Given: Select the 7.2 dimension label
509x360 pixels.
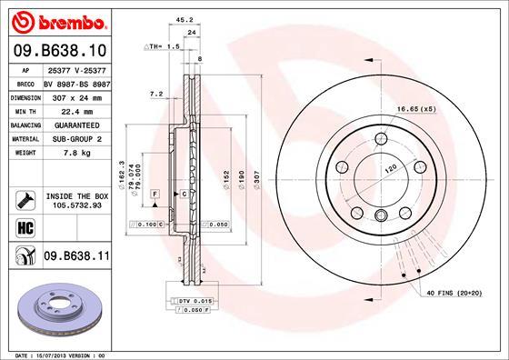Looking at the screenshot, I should tap(155, 94).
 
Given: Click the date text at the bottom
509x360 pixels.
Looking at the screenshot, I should tap(56, 353).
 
